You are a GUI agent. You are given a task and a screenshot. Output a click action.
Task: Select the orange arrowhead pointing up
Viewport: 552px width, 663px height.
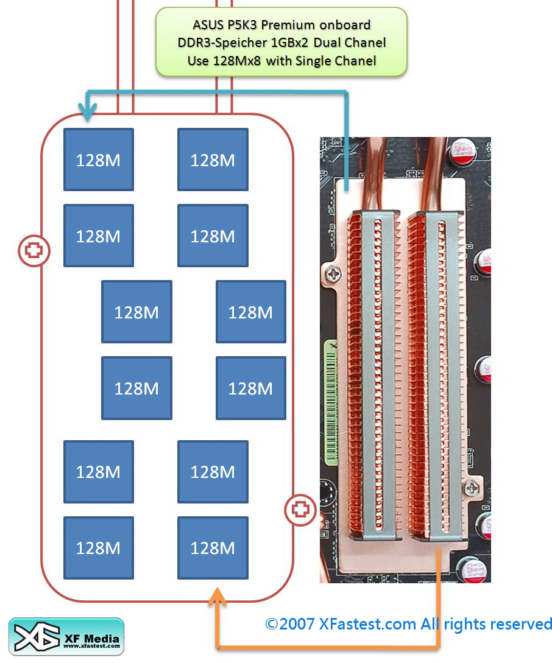click(217, 598)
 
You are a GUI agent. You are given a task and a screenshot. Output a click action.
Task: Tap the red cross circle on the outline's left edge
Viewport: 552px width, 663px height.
click(34, 250)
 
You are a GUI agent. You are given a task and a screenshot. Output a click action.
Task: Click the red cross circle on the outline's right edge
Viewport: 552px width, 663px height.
click(300, 509)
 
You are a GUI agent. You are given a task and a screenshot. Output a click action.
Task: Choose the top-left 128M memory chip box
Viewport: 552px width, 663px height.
click(98, 160)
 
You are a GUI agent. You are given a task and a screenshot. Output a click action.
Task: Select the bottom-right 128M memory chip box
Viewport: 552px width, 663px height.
click(213, 548)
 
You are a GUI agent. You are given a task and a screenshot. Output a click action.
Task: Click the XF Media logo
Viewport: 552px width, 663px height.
click(66, 636)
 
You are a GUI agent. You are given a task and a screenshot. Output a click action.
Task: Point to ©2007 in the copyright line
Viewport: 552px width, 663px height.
click(290, 624)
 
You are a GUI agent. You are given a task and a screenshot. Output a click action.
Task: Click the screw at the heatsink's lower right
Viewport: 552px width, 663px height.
click(471, 486)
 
